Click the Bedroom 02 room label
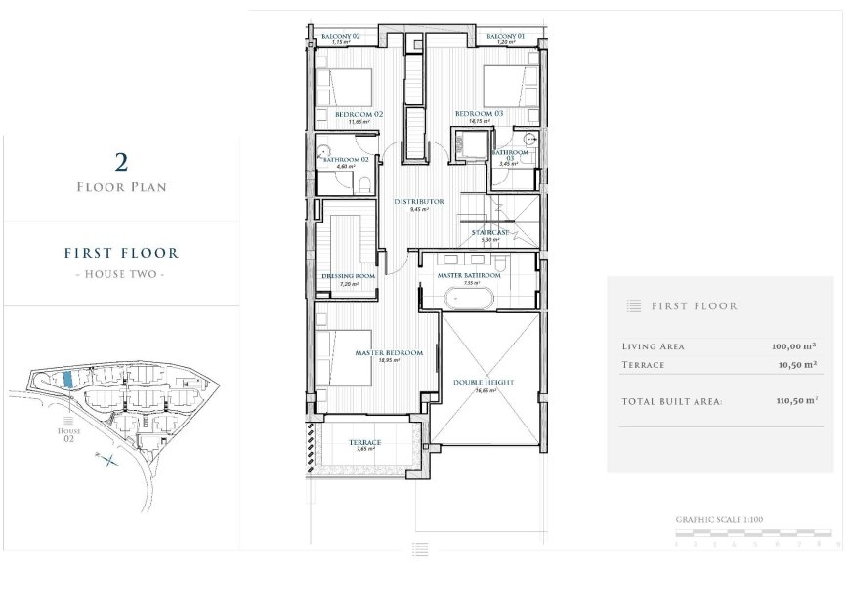coord(358,114)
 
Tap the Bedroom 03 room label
coord(479,114)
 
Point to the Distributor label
coord(419,202)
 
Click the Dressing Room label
coord(349,276)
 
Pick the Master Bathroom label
coord(469,276)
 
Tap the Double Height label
coord(484,383)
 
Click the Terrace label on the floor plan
coord(364,443)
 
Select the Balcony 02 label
coord(341,37)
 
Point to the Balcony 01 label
coord(505,37)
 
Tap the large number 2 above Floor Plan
coord(121,161)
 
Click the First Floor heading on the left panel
coord(121,253)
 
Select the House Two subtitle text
coord(121,274)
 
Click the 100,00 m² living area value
coord(792,346)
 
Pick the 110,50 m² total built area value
coord(792,400)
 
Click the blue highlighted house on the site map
coord(66,378)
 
